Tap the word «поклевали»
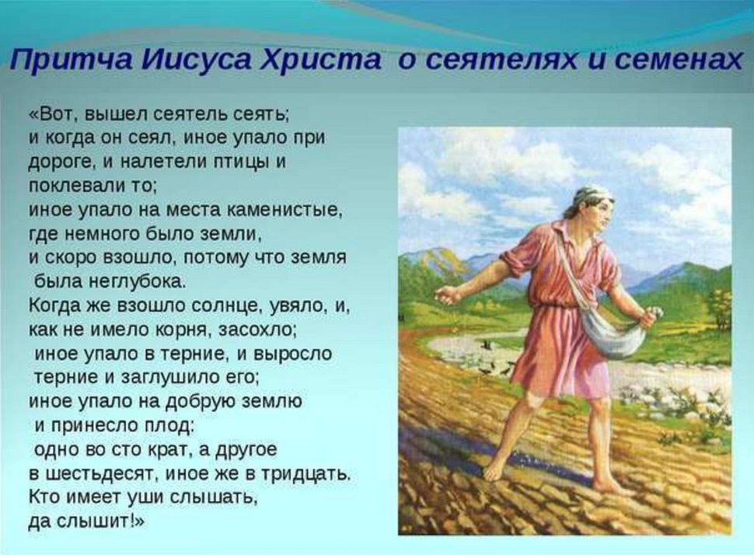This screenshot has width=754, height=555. (74, 186)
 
